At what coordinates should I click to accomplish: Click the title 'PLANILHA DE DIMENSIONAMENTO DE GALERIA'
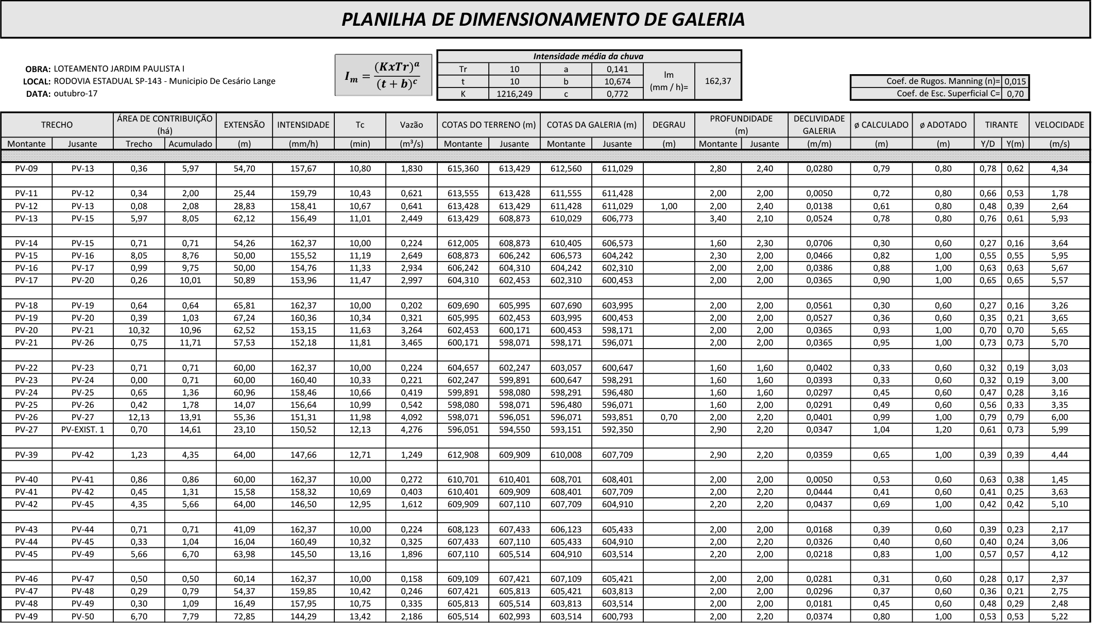(543, 20)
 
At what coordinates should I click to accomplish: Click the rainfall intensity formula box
(383, 75)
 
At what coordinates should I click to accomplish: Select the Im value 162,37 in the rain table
(717, 81)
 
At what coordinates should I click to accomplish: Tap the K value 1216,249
(514, 94)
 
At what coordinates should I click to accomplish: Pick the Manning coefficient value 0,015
(1015, 81)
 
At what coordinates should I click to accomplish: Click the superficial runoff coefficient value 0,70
(1015, 94)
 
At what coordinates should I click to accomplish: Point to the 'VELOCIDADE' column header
(1059, 125)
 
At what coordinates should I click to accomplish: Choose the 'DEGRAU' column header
(669, 125)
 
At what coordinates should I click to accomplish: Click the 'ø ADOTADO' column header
(943, 125)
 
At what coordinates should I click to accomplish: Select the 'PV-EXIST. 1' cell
(82, 429)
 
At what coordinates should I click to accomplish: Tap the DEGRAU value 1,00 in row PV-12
(669, 206)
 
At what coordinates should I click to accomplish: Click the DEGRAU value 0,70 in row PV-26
(669, 417)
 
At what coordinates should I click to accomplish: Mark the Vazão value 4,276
(411, 429)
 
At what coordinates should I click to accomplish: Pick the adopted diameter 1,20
(943, 429)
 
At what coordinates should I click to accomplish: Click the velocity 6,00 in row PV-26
(1059, 417)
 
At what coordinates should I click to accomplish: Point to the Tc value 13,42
(360, 616)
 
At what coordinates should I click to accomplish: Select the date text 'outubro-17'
(75, 93)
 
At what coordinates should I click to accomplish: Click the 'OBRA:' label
(38, 69)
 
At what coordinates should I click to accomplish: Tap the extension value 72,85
(244, 616)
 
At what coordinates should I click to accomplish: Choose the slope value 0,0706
(819, 243)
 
